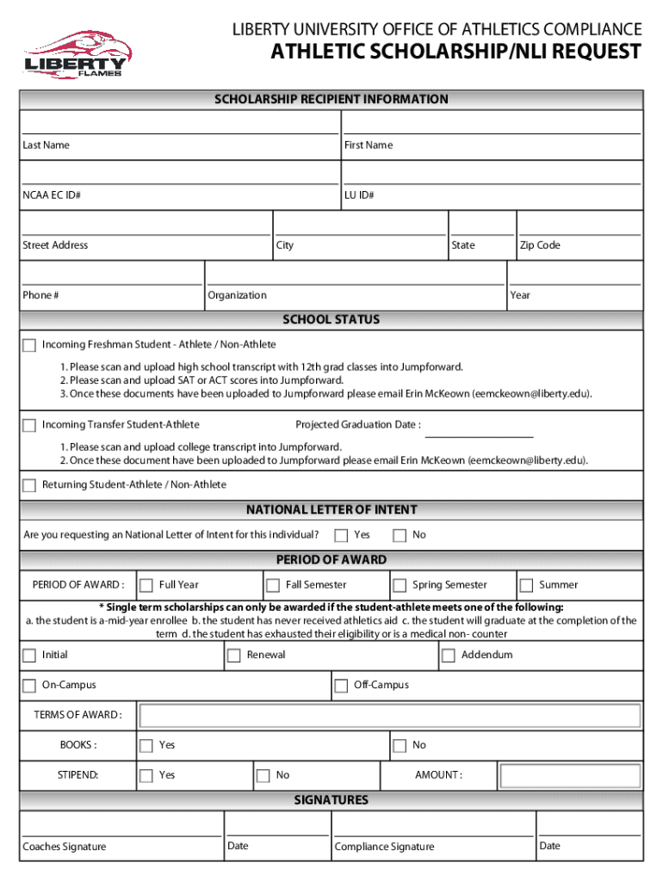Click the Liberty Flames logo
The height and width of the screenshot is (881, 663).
(75, 53)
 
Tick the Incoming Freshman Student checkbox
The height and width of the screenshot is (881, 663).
(29, 345)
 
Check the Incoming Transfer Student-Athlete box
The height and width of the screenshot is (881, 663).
(29, 425)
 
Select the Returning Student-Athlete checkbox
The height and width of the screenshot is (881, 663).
(29, 485)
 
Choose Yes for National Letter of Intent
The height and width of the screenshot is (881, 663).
(341, 535)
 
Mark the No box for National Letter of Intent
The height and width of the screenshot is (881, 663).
(400, 535)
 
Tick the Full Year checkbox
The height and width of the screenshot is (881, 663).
(146, 585)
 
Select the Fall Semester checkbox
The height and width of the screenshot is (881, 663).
(273, 585)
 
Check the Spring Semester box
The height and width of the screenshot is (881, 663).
(400, 585)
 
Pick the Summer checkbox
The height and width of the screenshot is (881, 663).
(526, 585)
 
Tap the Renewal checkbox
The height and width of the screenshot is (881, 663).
(233, 656)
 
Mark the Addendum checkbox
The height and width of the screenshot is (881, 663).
(448, 656)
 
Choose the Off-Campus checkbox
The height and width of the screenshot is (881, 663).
(341, 686)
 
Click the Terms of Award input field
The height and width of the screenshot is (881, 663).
(390, 715)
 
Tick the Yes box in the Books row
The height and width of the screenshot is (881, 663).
(146, 745)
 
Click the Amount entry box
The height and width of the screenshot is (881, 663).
(570, 776)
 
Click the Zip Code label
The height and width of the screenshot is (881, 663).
(540, 245)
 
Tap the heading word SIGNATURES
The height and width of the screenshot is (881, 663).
(331, 800)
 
